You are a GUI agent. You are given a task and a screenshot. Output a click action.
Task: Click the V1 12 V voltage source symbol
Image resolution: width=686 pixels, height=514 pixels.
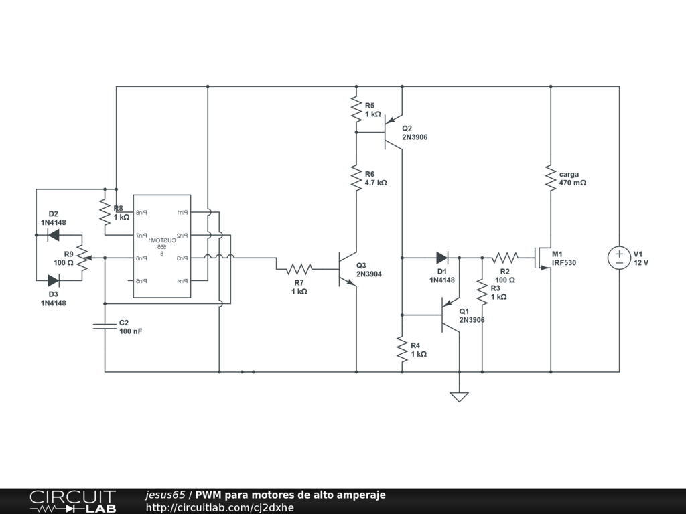(618, 258)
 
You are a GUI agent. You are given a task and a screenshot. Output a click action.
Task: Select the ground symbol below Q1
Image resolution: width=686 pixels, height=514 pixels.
(459, 396)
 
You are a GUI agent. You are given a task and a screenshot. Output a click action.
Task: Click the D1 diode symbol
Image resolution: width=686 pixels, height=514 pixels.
(442, 258)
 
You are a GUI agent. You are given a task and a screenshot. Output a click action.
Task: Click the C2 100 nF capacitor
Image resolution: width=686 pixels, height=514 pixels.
(105, 326)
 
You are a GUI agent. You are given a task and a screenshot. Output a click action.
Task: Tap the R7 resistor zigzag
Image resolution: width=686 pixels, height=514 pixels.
(299, 269)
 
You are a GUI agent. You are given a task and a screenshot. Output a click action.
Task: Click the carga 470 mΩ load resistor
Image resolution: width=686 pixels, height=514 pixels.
(550, 178)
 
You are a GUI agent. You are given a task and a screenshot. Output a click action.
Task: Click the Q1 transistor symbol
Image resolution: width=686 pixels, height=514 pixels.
(451, 315)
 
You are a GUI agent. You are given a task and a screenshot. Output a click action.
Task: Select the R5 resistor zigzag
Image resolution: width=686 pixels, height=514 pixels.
(356, 109)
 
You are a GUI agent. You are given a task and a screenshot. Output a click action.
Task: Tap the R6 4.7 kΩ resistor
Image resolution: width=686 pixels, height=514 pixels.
(356, 178)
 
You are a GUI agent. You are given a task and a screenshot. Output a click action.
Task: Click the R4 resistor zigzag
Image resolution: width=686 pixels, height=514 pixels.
(401, 349)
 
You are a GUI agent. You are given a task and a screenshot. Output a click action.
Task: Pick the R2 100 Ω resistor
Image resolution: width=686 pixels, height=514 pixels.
(504, 258)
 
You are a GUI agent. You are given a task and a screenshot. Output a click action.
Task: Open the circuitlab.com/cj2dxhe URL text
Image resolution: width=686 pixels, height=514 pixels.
(220, 507)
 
